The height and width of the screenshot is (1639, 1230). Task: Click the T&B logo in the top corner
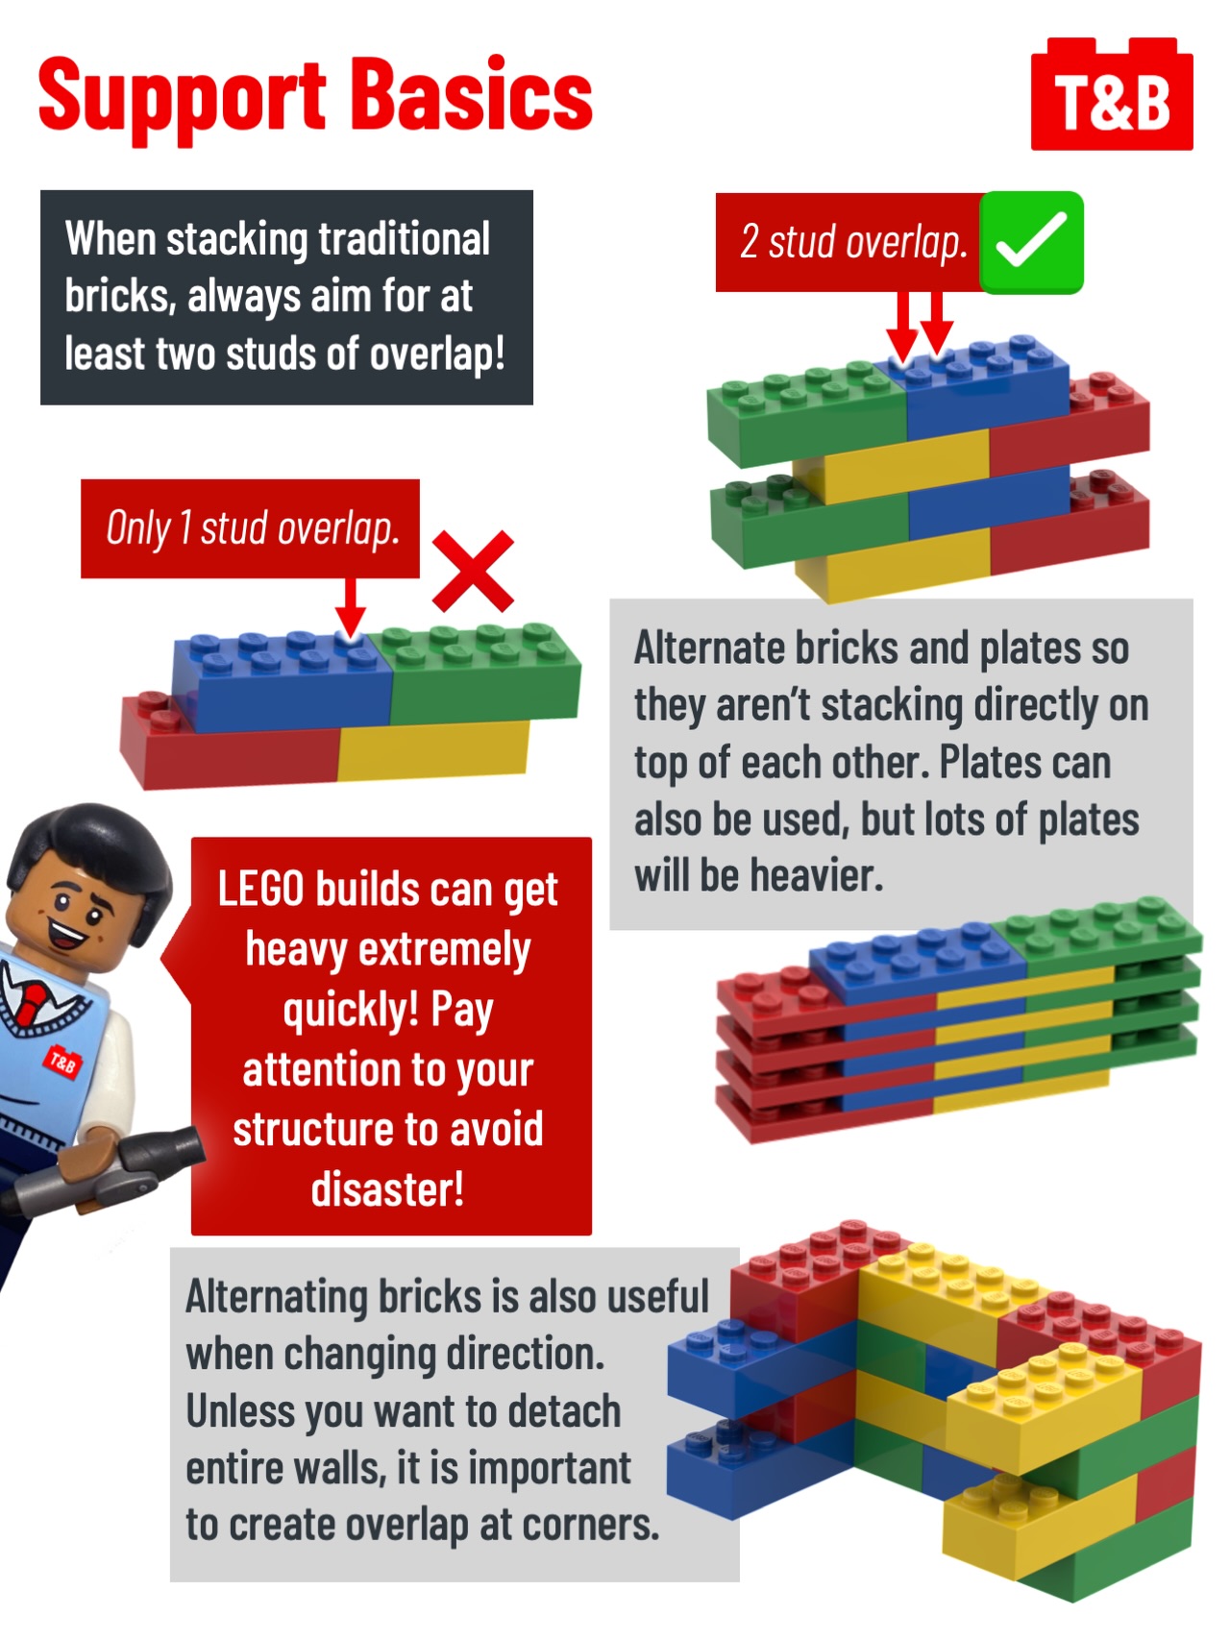(x=1112, y=94)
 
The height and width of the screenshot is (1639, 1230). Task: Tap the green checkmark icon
(x=1031, y=242)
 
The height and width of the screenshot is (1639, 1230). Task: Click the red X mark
(x=473, y=572)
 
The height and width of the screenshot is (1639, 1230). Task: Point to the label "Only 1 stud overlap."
(x=251, y=528)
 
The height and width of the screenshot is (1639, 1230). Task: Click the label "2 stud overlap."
(x=852, y=242)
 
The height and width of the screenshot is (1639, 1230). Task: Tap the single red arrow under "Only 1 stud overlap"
(x=350, y=607)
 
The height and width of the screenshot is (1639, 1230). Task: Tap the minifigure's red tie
(x=32, y=1002)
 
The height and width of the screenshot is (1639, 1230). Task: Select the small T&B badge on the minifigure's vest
(x=63, y=1062)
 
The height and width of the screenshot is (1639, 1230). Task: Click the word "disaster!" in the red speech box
(x=388, y=1189)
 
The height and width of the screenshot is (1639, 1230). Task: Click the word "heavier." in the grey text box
(x=816, y=876)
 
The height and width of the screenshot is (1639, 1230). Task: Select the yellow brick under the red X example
(x=433, y=750)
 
